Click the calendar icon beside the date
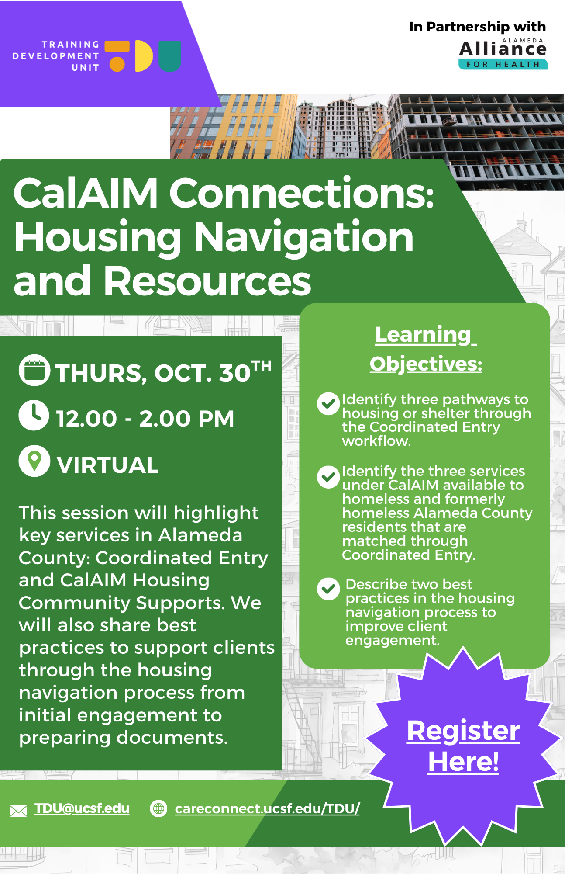coord(34,370)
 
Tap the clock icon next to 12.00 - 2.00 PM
coord(34,415)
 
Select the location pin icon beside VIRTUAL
coord(34,461)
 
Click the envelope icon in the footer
coord(18,811)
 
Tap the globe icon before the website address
coord(158,809)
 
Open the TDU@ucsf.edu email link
coord(82,808)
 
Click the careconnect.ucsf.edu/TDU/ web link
coord(267,809)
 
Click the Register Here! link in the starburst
coord(463,746)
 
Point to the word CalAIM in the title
coord(86,193)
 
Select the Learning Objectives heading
coord(426,349)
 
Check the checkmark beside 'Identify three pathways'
coord(328,404)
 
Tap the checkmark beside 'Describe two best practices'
coord(328,589)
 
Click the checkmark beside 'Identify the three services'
coord(328,477)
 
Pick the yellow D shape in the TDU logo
coord(144,56)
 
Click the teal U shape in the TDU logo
coord(170,56)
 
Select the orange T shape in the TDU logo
coord(117,56)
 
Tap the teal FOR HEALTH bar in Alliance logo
coord(503,64)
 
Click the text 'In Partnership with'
coord(477,27)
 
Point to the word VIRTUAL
coord(107,465)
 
